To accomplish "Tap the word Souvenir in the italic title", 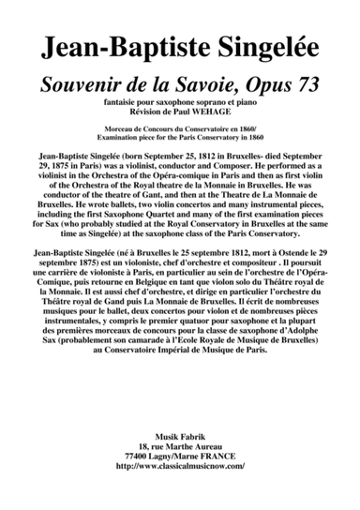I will (81, 86).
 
